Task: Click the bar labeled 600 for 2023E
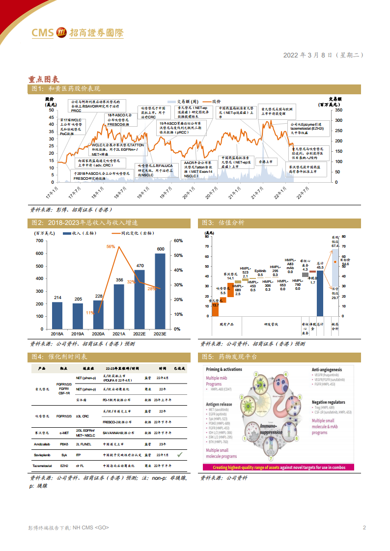pos(160,291)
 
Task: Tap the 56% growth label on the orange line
pos(111,247)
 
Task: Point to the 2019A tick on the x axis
pos(78,334)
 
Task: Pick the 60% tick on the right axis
pos(178,241)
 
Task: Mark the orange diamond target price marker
pos(335,262)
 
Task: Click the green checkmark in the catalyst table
pos(180,455)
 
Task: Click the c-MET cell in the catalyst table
pos(64,433)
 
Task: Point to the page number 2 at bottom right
pos(364,527)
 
